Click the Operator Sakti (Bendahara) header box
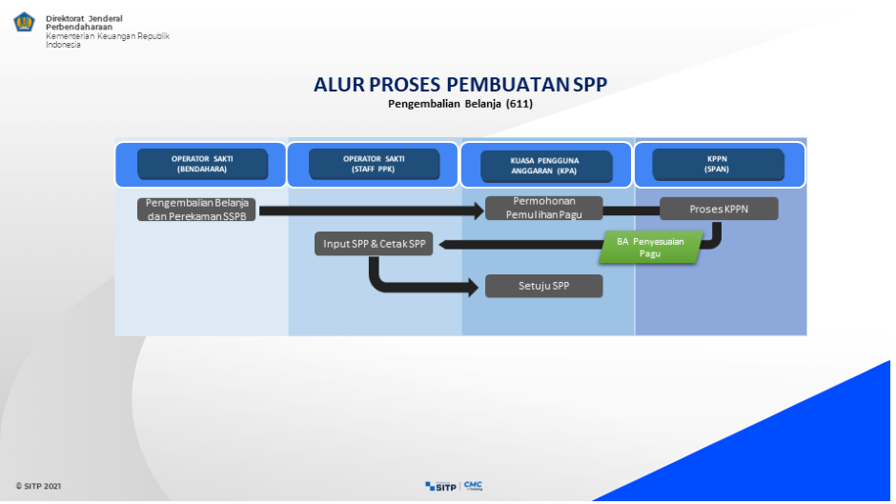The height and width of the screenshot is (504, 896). pos(202,164)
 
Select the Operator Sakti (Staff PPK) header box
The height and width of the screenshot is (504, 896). pos(375,164)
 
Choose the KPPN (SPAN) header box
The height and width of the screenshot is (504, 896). pos(718,165)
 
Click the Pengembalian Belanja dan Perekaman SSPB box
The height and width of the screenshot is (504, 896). pos(196,209)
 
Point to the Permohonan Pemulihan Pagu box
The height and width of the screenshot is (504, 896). pos(543,208)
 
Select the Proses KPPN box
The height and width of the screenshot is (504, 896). pos(719,209)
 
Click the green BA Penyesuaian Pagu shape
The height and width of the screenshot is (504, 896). pos(650,247)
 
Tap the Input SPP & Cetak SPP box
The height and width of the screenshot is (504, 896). pos(374,244)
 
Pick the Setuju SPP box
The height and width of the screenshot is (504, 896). pos(543,286)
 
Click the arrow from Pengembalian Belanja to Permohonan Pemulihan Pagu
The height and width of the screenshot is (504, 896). pos(372,211)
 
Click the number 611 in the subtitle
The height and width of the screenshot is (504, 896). pos(519,103)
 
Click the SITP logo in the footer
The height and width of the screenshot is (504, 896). pos(441,486)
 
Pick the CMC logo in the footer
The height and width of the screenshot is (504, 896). pos(474,486)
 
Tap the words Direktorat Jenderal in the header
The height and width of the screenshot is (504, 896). pos(84,18)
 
